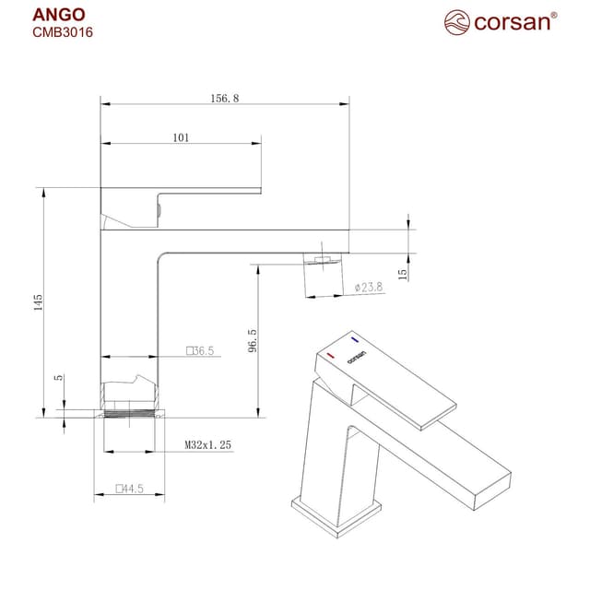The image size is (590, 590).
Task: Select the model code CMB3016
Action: click(x=63, y=31)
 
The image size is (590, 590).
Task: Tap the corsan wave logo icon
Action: click(x=457, y=20)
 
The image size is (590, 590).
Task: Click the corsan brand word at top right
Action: click(x=512, y=21)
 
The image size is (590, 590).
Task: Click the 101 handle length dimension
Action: click(x=181, y=137)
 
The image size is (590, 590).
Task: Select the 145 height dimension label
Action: click(x=39, y=302)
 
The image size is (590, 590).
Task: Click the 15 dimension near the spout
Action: click(x=403, y=274)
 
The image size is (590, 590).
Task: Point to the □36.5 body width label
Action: click(x=199, y=350)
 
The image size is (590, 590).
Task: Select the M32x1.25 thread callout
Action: click(x=207, y=445)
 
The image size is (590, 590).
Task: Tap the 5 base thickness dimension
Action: click(x=59, y=377)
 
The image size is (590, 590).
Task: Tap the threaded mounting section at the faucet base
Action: click(x=130, y=411)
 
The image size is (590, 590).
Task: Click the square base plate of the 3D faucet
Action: click(x=336, y=511)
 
